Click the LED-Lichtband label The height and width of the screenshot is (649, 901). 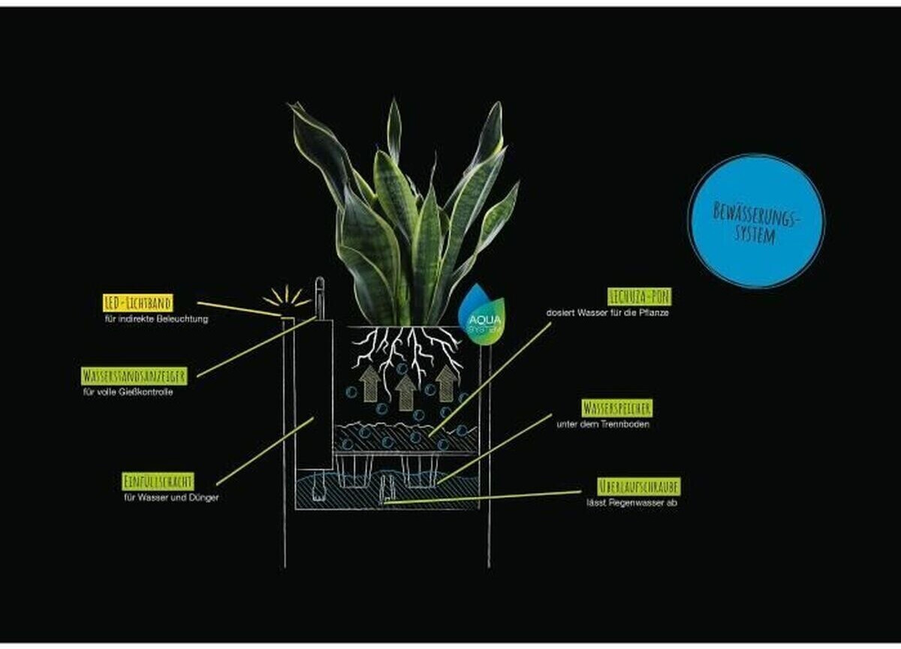pyautogui.click(x=137, y=302)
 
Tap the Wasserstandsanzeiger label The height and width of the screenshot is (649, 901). pyautogui.click(x=134, y=376)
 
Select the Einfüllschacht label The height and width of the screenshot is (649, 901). pyautogui.click(x=158, y=481)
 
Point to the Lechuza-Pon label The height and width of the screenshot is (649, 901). pyautogui.click(x=639, y=297)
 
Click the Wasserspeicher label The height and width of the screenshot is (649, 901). pyautogui.click(x=616, y=408)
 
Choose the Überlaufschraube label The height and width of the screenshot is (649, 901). pyautogui.click(x=639, y=485)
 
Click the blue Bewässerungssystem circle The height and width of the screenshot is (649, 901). pyautogui.click(x=756, y=221)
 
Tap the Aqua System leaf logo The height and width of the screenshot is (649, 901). pyautogui.click(x=481, y=315)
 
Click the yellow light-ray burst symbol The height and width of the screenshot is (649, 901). pyautogui.click(x=287, y=298)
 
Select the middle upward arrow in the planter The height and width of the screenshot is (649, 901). pyautogui.click(x=406, y=392)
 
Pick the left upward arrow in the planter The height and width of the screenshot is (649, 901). pyautogui.click(x=369, y=383)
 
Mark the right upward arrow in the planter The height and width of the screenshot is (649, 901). pyautogui.click(x=446, y=383)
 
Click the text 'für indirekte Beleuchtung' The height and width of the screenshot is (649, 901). pyautogui.click(x=156, y=319)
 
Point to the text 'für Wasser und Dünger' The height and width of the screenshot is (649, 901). pyautogui.click(x=171, y=497)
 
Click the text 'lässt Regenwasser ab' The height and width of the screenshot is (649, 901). pyautogui.click(x=631, y=503)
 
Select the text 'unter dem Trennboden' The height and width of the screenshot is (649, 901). pyautogui.click(x=602, y=425)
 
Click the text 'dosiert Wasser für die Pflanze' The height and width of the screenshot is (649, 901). pyautogui.click(x=607, y=312)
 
